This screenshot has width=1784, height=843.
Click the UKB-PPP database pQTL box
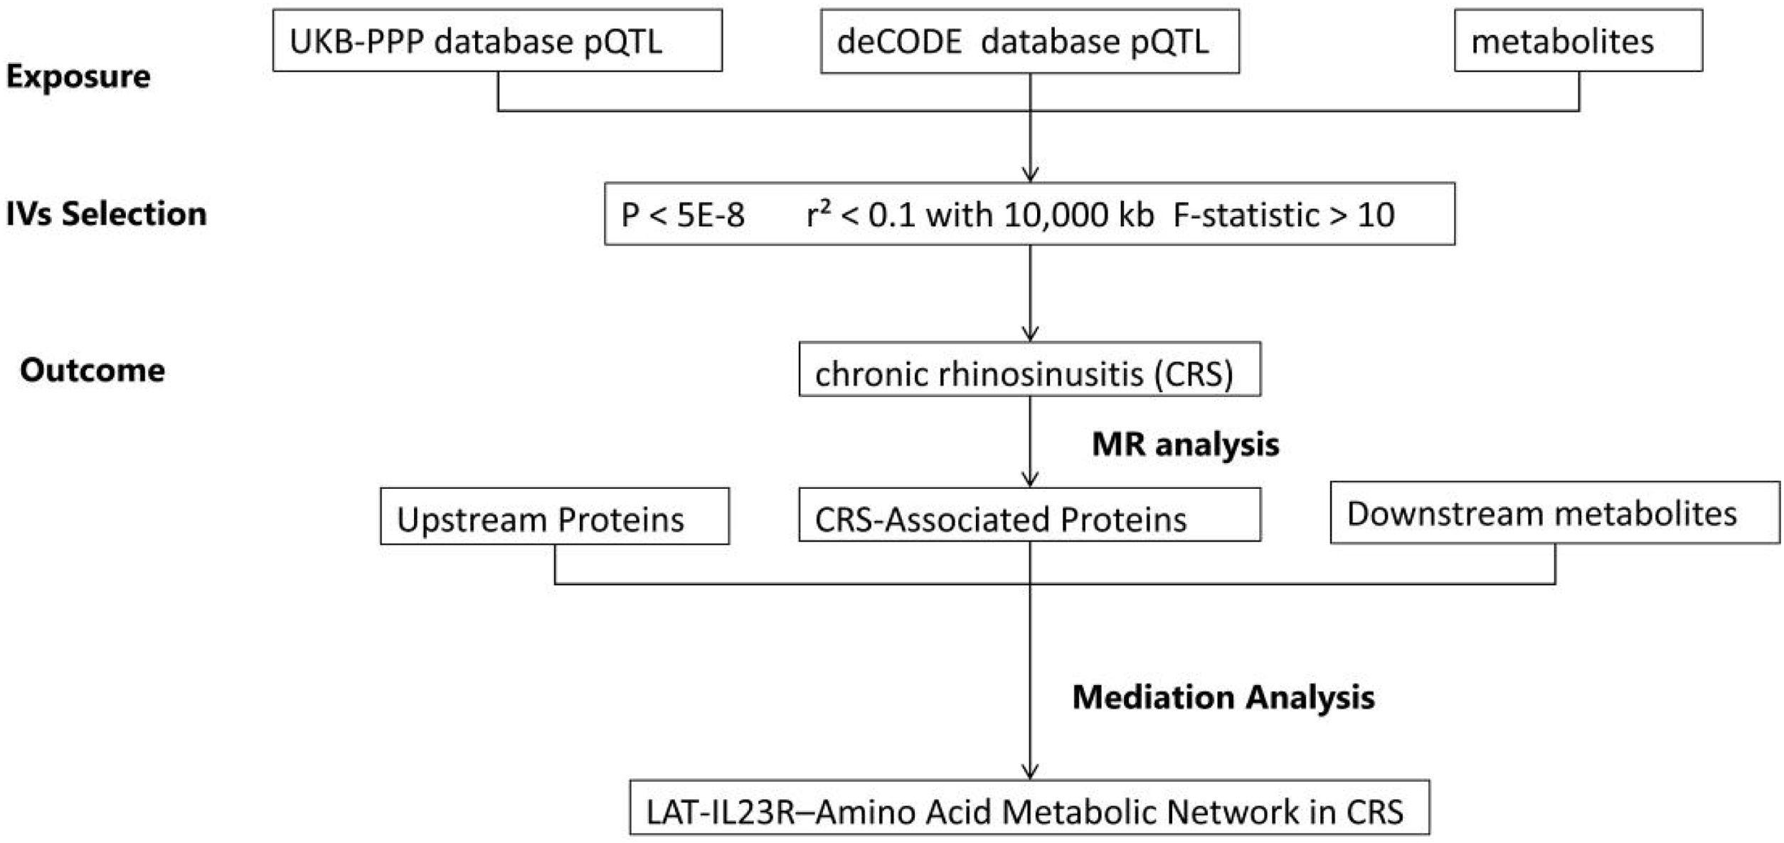(497, 41)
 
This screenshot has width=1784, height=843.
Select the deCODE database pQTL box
(1030, 41)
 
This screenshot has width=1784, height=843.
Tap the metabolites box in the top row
(1578, 41)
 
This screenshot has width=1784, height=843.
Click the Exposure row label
(78, 76)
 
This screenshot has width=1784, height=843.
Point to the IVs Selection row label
(107, 213)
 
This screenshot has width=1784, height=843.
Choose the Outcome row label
(92, 370)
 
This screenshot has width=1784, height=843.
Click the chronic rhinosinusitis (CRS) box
(1030, 369)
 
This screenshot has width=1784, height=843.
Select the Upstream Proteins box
(555, 516)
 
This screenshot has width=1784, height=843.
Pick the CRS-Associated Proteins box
(1030, 515)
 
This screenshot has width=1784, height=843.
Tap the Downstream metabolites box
(1555, 513)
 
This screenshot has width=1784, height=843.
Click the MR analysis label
(1186, 445)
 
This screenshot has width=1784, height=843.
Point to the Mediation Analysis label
(1223, 697)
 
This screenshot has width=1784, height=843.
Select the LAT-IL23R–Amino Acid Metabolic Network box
(1030, 808)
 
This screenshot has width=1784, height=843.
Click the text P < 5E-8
(683, 215)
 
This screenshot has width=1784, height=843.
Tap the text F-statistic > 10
(1284, 215)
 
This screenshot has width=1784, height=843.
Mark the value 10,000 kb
(1079, 215)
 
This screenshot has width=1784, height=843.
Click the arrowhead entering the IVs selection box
(1030, 175)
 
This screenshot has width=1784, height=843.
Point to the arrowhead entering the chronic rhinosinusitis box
(1030, 334)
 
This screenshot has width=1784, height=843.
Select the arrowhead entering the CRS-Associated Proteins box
(1030, 479)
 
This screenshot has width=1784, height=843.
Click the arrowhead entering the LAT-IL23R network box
(1030, 772)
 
